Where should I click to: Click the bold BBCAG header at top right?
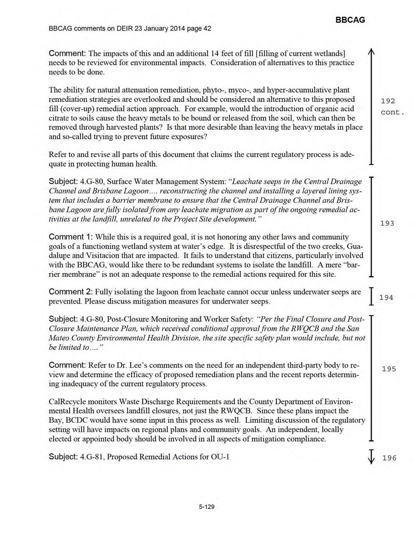(350, 20)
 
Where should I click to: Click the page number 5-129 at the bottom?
(206, 507)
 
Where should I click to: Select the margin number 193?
(387, 224)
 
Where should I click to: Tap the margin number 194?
(387, 298)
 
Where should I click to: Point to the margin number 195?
(389, 369)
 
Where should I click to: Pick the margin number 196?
(389, 458)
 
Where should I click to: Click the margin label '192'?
(388, 101)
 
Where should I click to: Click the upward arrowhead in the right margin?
(371, 52)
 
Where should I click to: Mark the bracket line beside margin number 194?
(371, 297)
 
